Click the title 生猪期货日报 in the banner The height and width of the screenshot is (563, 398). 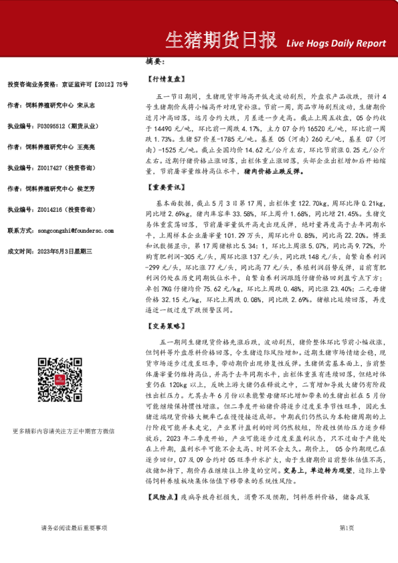click(x=221, y=40)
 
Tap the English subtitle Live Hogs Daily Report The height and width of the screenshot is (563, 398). click(x=336, y=43)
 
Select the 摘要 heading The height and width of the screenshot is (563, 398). click(x=155, y=62)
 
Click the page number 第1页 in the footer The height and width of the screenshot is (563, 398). click(x=346, y=546)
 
